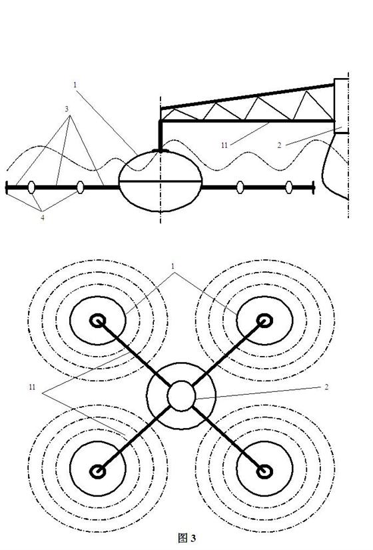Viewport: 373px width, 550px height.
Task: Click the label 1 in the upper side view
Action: pyautogui.click(x=75, y=85)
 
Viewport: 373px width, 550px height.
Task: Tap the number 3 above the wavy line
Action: pyautogui.click(x=67, y=109)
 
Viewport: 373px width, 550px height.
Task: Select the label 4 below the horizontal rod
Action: pyautogui.click(x=43, y=217)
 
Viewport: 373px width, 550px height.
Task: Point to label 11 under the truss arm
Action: pyautogui.click(x=224, y=145)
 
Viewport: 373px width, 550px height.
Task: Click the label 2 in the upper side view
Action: pyautogui.click(x=279, y=145)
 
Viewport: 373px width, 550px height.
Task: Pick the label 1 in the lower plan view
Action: pyautogui.click(x=173, y=266)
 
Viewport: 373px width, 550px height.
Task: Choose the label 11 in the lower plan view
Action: pyautogui.click(x=32, y=387)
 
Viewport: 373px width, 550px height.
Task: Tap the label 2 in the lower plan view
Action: pyautogui.click(x=326, y=387)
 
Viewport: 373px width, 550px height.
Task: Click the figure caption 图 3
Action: pyautogui.click(x=187, y=538)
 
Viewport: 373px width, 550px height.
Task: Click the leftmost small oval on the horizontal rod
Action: pyautogui.click(x=31, y=187)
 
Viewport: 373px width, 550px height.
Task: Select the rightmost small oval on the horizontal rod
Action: pyautogui.click(x=288, y=187)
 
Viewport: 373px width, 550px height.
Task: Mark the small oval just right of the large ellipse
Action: pyautogui.click(x=240, y=187)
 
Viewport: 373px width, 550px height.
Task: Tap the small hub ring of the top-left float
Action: pyautogui.click(x=98, y=321)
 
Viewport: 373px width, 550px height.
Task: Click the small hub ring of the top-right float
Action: pyautogui.click(x=264, y=321)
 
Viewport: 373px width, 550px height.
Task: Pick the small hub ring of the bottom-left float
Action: pyautogui.click(x=98, y=471)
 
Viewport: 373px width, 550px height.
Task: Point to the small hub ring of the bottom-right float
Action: pyautogui.click(x=264, y=471)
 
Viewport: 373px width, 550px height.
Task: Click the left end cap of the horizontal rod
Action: pyautogui.click(x=7, y=187)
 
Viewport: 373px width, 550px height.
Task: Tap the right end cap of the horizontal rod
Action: pyautogui.click(x=314, y=187)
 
